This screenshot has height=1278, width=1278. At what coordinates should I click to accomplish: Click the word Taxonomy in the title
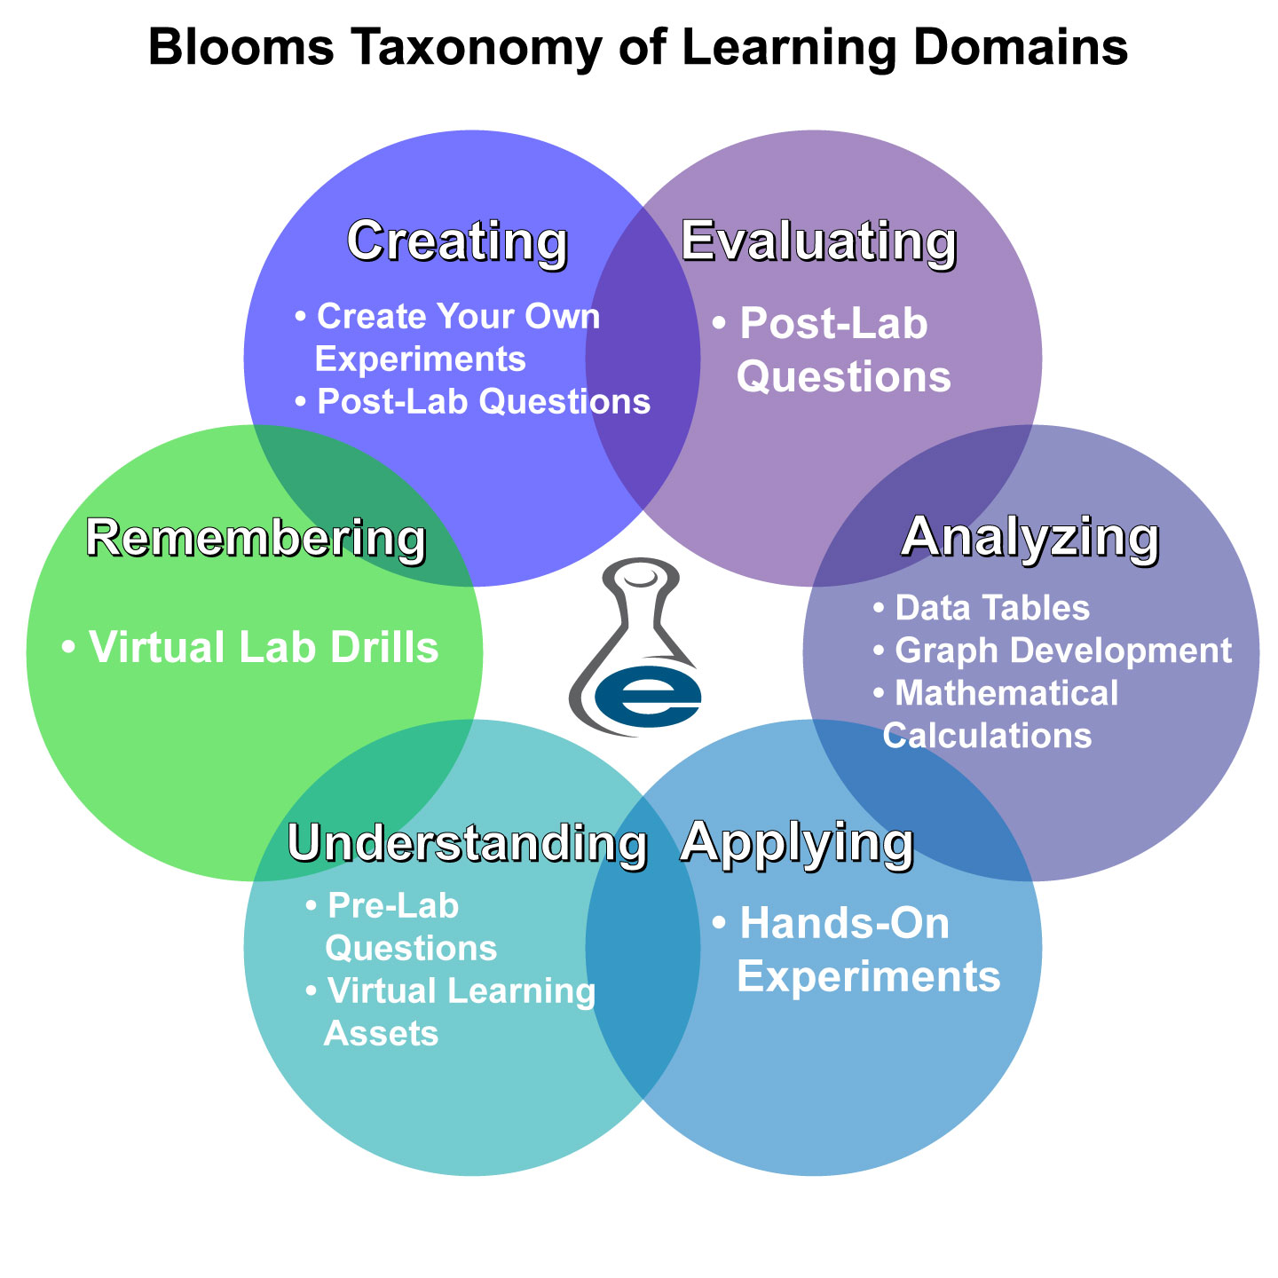point(469,48)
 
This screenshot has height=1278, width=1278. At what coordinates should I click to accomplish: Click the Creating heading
point(457,241)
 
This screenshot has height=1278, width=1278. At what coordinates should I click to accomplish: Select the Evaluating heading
point(818,241)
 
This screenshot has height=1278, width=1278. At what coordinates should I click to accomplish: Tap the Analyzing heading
point(1030,537)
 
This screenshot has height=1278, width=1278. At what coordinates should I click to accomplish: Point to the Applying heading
point(797,840)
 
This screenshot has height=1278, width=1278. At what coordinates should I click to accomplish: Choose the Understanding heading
point(467,842)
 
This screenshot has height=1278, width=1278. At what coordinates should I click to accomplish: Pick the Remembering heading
point(256,538)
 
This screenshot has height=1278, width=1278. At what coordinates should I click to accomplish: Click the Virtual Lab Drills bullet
point(250,648)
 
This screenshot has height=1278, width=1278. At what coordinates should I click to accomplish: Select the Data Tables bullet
point(982,608)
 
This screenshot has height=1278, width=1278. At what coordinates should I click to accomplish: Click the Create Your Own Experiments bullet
point(447,337)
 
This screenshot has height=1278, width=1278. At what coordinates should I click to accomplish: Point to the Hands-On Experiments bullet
point(856,950)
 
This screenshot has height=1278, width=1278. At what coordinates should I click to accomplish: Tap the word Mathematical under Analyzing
point(1006,693)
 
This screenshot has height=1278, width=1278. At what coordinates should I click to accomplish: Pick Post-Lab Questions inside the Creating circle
point(473,402)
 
